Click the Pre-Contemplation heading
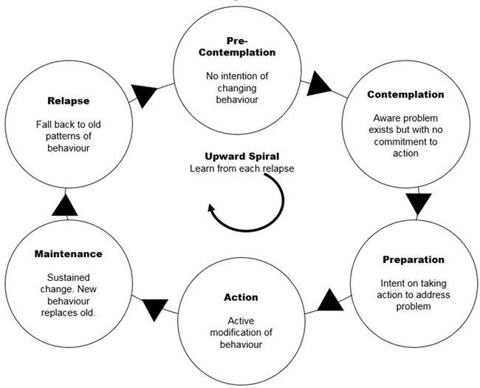(x=237, y=47)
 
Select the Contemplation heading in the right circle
(x=405, y=95)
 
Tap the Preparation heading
(x=414, y=259)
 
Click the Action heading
(x=241, y=297)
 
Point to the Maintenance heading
(x=68, y=253)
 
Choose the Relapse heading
(x=69, y=101)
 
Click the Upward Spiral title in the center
(x=241, y=157)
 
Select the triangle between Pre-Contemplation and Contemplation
(x=318, y=84)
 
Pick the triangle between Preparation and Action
(x=330, y=300)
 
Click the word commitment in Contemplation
(x=405, y=142)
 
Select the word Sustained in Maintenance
(x=69, y=277)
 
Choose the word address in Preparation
(x=432, y=295)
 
